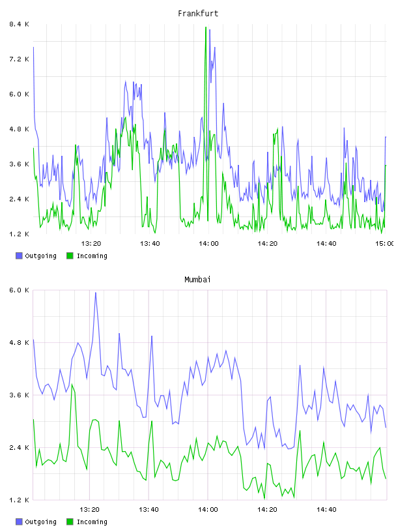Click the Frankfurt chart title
pos(198,14)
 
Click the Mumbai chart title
pos(197,280)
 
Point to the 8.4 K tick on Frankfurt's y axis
pos(19,24)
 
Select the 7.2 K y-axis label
pos(19,59)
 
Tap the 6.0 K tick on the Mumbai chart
pos(19,290)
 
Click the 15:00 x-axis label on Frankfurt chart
pos(384,243)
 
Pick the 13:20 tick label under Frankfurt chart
pos(91,243)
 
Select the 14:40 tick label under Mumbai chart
pos(326,509)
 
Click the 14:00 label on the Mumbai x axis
pos(208,509)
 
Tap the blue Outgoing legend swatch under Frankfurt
pos(19,256)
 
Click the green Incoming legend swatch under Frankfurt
pos(70,256)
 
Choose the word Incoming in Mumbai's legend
pos(92,522)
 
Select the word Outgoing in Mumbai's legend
pos(40,522)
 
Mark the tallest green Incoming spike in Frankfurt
pos(206,27)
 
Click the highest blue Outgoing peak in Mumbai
pos(96,293)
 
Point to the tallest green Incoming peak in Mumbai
pos(72,385)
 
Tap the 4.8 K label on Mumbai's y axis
pos(19,342)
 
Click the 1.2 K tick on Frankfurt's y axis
pos(19,234)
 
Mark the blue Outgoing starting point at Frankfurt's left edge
pos(33,48)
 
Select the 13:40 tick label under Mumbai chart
pos(148,509)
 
